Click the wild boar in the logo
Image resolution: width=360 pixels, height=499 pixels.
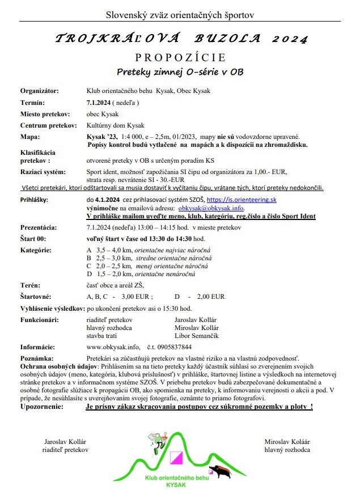click(220, 470)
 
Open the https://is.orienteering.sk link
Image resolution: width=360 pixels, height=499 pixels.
click(242, 200)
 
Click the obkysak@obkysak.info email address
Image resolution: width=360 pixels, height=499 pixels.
click(210, 208)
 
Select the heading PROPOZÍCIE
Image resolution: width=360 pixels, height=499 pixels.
click(180, 58)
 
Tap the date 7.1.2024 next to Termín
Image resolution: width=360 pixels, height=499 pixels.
click(98, 103)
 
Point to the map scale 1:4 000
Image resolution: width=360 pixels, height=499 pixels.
click(134, 137)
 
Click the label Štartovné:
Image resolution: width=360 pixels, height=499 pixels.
click(36, 296)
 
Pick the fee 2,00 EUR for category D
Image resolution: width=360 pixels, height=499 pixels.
click(210, 296)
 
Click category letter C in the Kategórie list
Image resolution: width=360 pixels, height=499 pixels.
click(89, 265)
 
